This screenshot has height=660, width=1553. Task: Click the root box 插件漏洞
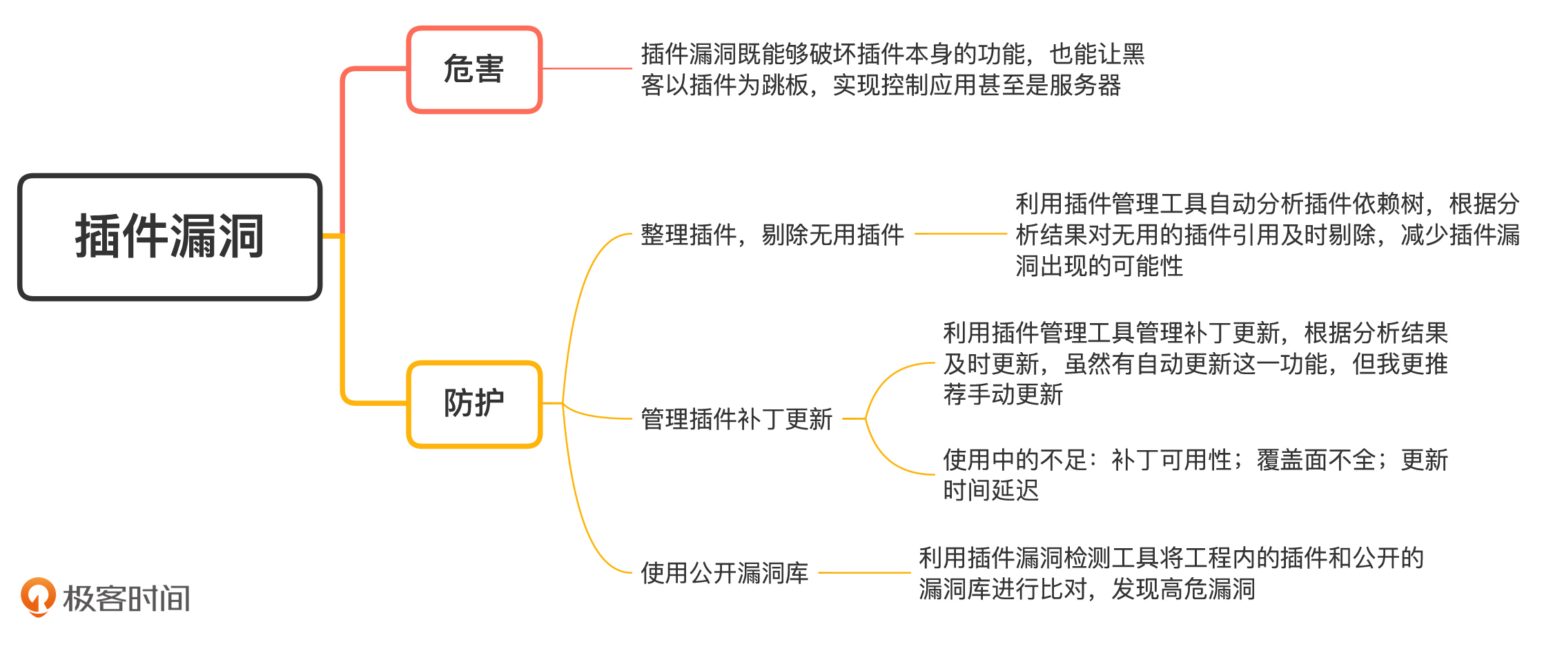click(x=170, y=237)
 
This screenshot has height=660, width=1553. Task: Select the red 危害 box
click(x=474, y=70)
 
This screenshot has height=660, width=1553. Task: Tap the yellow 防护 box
click(x=474, y=404)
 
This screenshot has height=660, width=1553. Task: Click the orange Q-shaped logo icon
click(x=38, y=596)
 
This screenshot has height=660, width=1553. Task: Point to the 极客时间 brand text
click(x=126, y=599)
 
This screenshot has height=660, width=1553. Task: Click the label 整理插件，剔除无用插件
click(x=772, y=235)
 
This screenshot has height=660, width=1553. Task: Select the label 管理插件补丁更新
click(x=736, y=419)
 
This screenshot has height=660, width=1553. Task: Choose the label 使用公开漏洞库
click(x=724, y=573)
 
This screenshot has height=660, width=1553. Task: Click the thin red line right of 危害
click(x=587, y=68)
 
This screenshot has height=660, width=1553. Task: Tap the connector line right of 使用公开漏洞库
click(x=864, y=572)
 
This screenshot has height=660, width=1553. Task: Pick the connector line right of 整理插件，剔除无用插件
click(x=961, y=234)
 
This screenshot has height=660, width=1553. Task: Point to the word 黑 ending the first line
click(x=1133, y=54)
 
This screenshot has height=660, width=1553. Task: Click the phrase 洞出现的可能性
click(x=1099, y=266)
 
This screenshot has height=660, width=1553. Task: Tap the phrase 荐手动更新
click(x=1003, y=395)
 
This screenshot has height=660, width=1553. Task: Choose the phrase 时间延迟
click(x=990, y=490)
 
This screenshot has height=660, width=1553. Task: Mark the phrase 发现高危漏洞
click(x=1183, y=589)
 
